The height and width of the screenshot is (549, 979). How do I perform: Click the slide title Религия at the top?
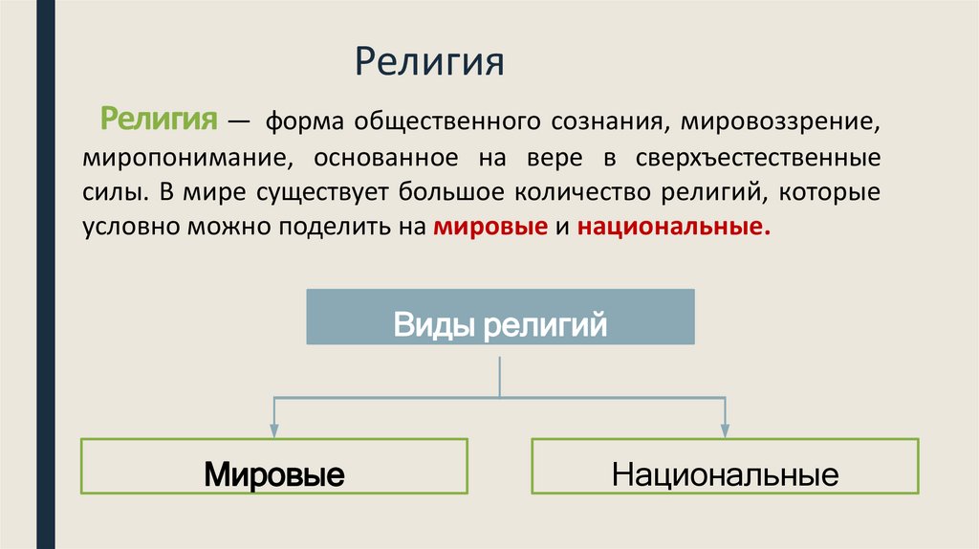click(x=428, y=65)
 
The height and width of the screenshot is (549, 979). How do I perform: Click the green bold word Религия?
click(x=157, y=121)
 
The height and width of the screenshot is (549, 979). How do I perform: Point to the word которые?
click(x=833, y=190)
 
